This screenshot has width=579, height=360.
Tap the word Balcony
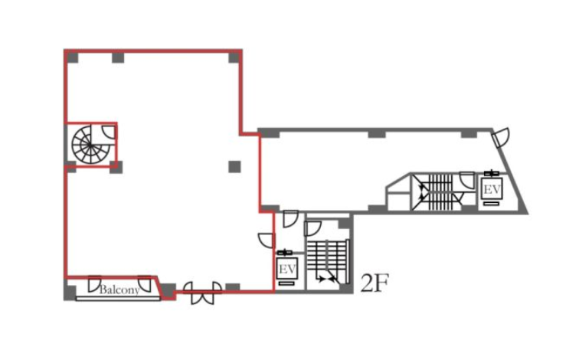coord(119,290)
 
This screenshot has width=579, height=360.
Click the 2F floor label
coord(374,283)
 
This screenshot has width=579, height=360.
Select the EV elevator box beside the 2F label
coord(287,268)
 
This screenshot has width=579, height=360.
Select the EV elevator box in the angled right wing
coord(492,189)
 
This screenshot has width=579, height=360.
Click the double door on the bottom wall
coord(202,293)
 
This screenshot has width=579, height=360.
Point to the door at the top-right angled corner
coord(501,137)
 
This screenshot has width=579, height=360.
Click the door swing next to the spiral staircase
coord(109,133)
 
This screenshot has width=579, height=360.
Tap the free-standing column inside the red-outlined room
coord(234,167)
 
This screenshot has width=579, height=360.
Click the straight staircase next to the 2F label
coord(327,261)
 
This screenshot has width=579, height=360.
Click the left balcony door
coord(94,283)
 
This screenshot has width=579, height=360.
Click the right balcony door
coord(145,283)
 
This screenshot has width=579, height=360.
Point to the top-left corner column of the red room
coord(72,57)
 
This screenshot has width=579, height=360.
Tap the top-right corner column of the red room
coord(234,57)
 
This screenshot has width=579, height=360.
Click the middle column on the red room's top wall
coord(118,57)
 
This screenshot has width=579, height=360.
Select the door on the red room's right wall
coord(267,241)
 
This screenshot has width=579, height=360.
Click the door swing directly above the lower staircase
coord(312,228)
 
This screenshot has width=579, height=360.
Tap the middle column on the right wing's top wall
coord(377,134)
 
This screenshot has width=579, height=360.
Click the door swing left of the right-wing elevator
coord(467,181)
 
